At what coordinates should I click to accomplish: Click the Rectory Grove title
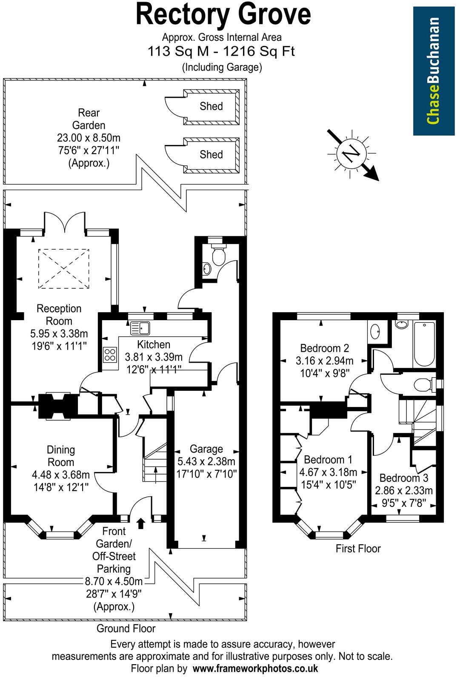click(x=223, y=15)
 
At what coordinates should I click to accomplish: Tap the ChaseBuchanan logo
click(x=433, y=71)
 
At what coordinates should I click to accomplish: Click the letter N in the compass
click(x=351, y=154)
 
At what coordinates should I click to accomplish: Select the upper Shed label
click(x=211, y=106)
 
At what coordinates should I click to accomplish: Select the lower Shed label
click(x=211, y=154)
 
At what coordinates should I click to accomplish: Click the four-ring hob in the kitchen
click(x=110, y=355)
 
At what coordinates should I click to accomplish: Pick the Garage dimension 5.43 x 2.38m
click(x=206, y=461)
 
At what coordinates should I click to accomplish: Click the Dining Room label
click(x=61, y=455)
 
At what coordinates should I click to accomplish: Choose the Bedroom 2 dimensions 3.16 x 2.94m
click(x=324, y=361)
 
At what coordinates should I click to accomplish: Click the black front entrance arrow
click(x=141, y=523)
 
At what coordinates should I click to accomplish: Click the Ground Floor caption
click(x=126, y=628)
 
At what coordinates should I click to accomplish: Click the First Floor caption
click(x=358, y=548)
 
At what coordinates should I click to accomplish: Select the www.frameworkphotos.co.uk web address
click(x=255, y=668)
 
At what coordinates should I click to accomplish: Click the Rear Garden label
click(x=89, y=119)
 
